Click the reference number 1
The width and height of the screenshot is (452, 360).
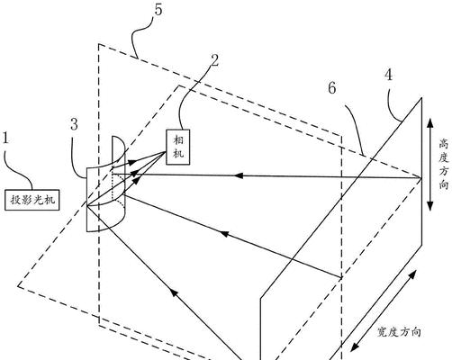point(5,139)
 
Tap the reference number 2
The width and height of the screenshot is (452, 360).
point(214,60)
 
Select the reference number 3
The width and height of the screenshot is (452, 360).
point(75,124)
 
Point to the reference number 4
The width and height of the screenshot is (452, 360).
point(389,75)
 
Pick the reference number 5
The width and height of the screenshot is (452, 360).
point(158,9)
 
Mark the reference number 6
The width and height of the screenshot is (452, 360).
point(332,88)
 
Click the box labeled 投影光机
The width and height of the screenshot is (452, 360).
point(32,200)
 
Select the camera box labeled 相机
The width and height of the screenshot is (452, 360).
point(178,147)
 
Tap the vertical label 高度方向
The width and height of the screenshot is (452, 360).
point(444,164)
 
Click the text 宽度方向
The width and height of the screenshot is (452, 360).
point(399,332)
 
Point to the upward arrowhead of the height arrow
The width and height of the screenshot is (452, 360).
point(430,123)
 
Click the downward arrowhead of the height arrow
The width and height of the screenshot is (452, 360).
point(430,205)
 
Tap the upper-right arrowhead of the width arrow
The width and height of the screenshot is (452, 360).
point(413,274)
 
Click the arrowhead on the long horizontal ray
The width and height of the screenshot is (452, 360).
point(238,175)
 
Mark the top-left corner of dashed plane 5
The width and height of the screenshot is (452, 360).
point(99,44)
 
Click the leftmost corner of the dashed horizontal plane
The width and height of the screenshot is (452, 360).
point(18,286)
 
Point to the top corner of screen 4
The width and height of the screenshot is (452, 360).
point(421,98)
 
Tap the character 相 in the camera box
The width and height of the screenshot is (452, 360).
point(178,139)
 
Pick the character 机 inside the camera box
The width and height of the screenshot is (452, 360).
point(178,154)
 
